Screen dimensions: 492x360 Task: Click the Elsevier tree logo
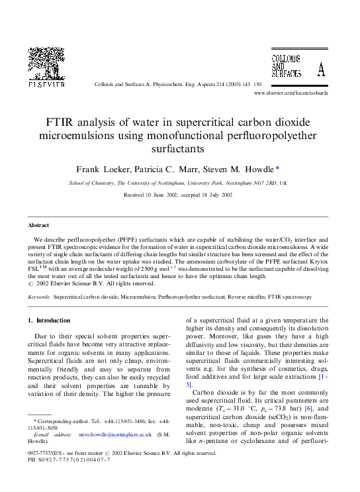pyautogui.click(x=46, y=64)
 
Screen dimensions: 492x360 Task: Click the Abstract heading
pyautogui.click(x=38, y=225)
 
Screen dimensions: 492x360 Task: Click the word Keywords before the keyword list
pyautogui.click(x=39, y=298)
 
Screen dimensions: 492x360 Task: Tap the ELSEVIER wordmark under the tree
pyautogui.click(x=46, y=85)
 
